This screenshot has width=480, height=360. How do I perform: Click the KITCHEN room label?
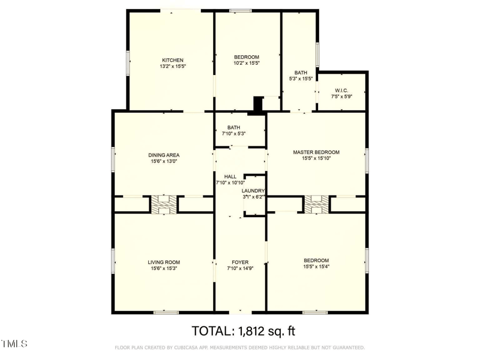[x=172, y=60]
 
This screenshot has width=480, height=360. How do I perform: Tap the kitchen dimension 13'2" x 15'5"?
[x=172, y=67]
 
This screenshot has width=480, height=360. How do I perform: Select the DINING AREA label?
[x=164, y=154]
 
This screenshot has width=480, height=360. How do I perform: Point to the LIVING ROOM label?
[x=164, y=262]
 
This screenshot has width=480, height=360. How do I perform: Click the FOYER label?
[x=240, y=262]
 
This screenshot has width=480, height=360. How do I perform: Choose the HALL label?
[x=230, y=176]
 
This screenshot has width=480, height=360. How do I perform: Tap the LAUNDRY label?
[x=253, y=190]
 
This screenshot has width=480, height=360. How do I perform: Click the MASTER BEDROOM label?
[x=316, y=152]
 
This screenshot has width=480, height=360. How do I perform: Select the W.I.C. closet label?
[x=341, y=90]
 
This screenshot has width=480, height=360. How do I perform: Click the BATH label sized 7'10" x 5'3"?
[x=233, y=127]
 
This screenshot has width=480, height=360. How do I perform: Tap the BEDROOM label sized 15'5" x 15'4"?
[x=316, y=260]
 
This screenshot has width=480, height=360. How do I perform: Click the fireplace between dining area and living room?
[x=163, y=204]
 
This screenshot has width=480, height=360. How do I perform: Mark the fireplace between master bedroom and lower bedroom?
[x=316, y=204]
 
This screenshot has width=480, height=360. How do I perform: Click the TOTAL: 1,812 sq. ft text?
[x=244, y=331]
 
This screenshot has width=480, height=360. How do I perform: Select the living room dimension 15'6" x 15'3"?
[x=164, y=268]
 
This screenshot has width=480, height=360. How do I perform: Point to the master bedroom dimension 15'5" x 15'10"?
[x=316, y=159]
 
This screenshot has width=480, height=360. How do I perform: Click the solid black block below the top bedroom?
[x=258, y=104]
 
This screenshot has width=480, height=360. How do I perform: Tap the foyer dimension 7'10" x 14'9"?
[x=240, y=269]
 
